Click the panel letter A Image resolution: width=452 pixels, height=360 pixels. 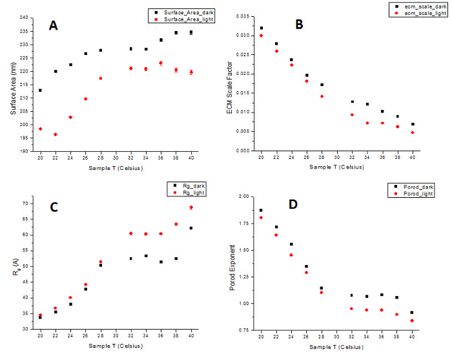pos(54,25)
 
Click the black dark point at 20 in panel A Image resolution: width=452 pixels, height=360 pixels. pos(40,90)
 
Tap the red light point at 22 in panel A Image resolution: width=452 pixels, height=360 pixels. pos(56,134)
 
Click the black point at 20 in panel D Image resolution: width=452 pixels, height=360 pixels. pos(261,210)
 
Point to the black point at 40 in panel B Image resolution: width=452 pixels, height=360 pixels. pos(413,124)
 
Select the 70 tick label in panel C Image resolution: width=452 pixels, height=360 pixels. pos(25,203)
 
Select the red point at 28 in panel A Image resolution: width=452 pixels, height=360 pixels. pos(101,78)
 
